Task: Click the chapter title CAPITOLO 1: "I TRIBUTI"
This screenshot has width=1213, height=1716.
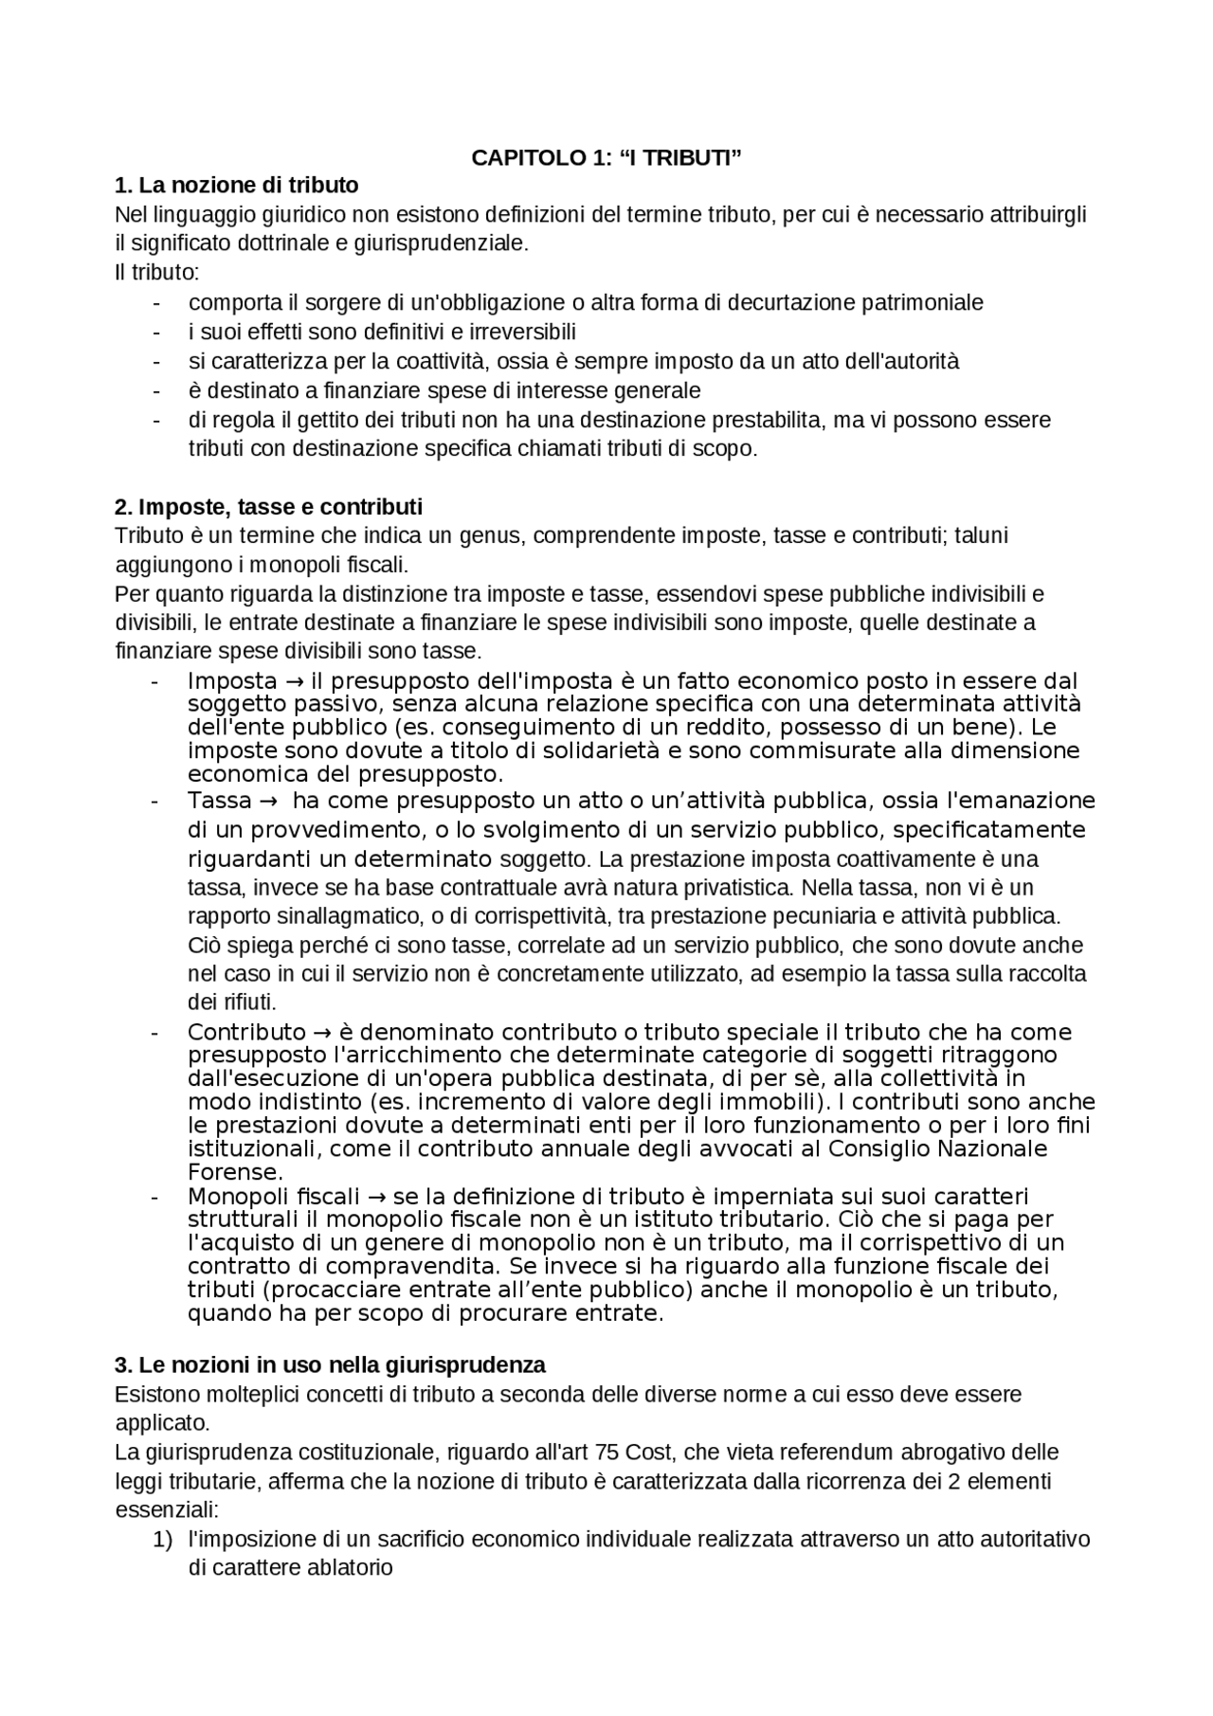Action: point(606,158)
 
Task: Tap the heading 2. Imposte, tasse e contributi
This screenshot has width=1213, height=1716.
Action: point(268,506)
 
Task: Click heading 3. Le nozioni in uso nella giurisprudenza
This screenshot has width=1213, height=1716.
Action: point(330,1365)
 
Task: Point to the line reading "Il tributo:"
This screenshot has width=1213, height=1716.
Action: point(156,273)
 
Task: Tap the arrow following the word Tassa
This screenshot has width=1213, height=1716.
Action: point(267,802)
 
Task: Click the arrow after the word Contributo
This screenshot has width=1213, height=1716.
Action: point(321,1033)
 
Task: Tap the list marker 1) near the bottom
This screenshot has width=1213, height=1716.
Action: point(162,1540)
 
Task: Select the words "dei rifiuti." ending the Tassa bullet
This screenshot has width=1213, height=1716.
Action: point(231,1003)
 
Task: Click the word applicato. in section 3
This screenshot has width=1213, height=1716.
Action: point(162,1423)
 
